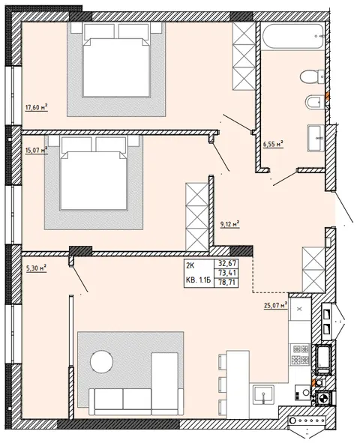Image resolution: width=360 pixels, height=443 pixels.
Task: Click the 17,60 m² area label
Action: [x=37, y=107]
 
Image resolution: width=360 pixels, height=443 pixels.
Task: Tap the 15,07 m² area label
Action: [x=36, y=150]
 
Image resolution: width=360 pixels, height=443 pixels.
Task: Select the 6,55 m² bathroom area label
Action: [x=273, y=144]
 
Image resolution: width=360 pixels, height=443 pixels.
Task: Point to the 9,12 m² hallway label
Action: [x=230, y=224]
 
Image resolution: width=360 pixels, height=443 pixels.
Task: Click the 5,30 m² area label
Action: [x=37, y=268]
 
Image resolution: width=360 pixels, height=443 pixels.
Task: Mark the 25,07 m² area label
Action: [x=275, y=305]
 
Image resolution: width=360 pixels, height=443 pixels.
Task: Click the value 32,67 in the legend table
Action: [x=226, y=263]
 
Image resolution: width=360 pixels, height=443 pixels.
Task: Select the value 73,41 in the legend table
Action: [x=226, y=273]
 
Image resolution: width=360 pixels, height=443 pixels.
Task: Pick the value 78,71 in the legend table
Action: [x=226, y=283]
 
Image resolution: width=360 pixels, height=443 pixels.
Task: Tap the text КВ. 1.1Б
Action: [x=198, y=280]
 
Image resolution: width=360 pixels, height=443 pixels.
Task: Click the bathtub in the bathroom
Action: [x=293, y=36]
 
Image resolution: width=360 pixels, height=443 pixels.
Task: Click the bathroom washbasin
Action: [x=316, y=138]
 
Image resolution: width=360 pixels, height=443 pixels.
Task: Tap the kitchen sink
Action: [x=263, y=394]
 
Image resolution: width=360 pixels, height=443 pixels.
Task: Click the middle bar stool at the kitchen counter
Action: [x=223, y=385]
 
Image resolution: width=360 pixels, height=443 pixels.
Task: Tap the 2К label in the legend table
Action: [x=190, y=266]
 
